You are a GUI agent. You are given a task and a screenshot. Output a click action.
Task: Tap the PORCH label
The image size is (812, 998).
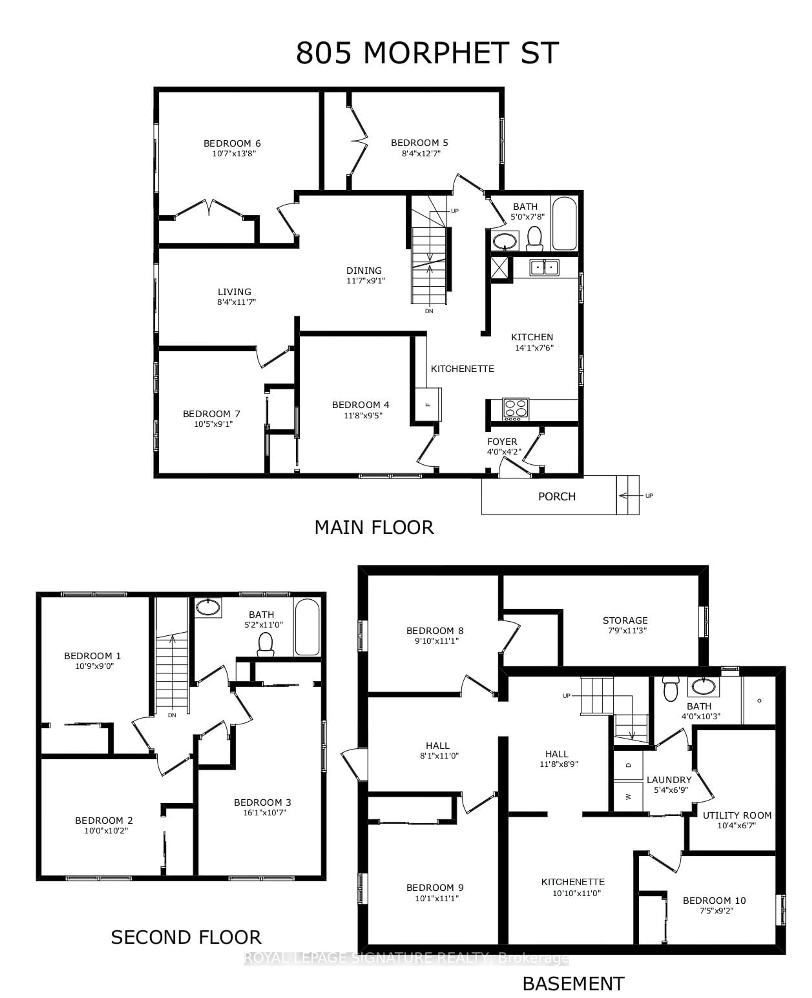tap(557, 496)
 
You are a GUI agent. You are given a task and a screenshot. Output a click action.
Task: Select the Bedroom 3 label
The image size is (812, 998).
tap(262, 802)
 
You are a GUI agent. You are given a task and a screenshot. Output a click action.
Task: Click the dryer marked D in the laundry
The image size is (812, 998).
tap(628, 765)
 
